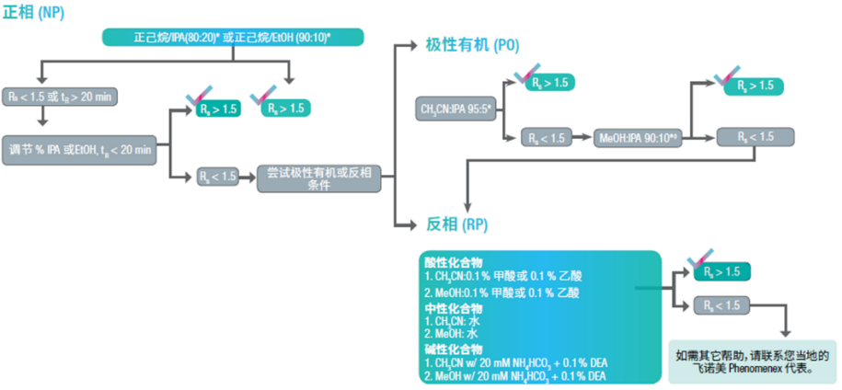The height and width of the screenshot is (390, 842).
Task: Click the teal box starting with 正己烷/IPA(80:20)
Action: [233, 37]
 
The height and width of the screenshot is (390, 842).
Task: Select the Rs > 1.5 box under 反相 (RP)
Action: [722, 271]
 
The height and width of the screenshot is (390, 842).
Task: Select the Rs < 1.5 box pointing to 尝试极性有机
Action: [217, 176]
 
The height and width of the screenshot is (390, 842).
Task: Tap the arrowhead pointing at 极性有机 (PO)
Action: [411, 44]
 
